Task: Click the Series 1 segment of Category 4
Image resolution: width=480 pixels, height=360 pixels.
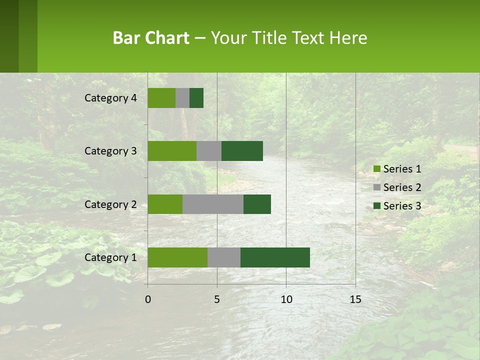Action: [x=161, y=98]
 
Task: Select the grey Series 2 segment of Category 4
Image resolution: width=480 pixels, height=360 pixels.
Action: [x=182, y=98]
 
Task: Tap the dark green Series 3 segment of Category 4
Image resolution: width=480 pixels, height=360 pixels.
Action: [x=196, y=98]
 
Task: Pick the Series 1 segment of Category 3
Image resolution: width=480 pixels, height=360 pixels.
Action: [x=172, y=151]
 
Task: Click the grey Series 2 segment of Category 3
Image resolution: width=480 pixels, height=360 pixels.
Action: [x=209, y=151]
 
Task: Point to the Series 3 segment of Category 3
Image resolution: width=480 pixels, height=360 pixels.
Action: [x=242, y=151]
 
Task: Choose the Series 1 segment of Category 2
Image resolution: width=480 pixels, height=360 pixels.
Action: [x=165, y=204]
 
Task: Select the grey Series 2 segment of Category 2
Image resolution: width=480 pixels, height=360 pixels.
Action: [x=213, y=204]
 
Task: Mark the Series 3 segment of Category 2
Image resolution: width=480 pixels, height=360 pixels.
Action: [x=257, y=204]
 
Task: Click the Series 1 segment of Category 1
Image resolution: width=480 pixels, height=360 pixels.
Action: [x=177, y=257]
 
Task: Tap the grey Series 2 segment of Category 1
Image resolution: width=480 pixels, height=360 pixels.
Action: [x=224, y=257]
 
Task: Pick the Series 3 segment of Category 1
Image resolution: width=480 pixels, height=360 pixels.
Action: [x=275, y=257]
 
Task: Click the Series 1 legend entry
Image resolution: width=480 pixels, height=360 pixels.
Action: [x=397, y=169]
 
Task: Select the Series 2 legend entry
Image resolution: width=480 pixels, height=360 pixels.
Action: [x=397, y=187]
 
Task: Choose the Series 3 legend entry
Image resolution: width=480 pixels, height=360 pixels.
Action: [x=397, y=206]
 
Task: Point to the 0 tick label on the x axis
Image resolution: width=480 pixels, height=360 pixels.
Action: [x=147, y=299]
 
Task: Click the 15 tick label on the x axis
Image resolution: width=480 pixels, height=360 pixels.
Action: [x=355, y=299]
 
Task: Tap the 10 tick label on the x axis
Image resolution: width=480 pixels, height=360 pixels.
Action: [x=286, y=299]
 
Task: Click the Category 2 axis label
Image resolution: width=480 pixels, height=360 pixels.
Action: [x=110, y=204]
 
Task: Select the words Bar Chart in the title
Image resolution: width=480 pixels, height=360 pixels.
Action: [x=151, y=38]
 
